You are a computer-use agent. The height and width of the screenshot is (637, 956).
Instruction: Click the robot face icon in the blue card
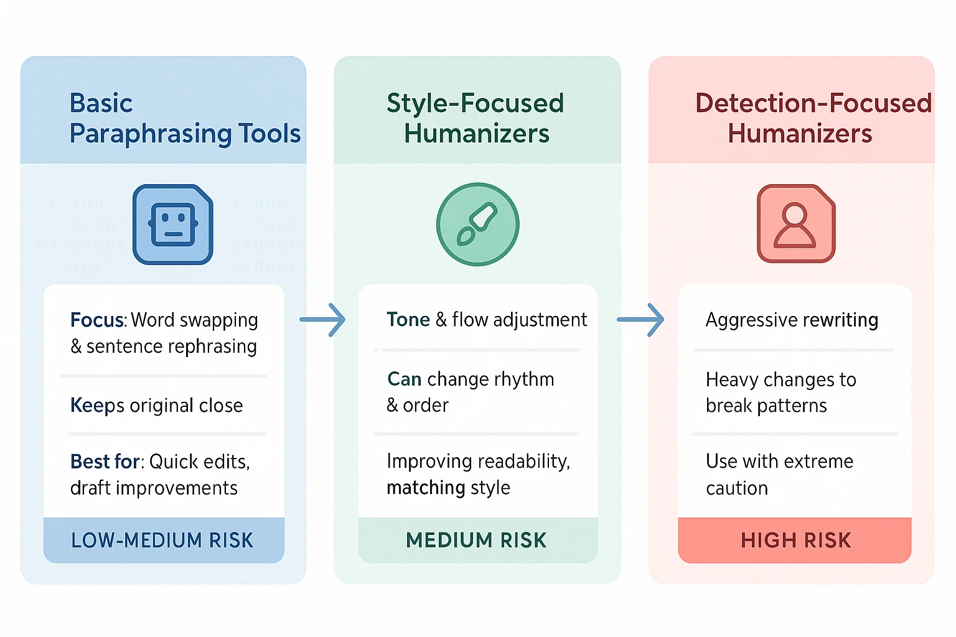tap(173, 225)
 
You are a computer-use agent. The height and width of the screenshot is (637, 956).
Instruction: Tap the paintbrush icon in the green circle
tap(477, 225)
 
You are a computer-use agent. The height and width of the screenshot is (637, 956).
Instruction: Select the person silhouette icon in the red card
tap(795, 225)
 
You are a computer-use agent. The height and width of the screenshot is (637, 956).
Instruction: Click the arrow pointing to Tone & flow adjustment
tap(323, 320)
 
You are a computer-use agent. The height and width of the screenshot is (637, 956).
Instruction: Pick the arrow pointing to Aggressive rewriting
tap(640, 320)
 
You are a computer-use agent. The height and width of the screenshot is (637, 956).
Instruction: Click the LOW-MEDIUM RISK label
tap(162, 540)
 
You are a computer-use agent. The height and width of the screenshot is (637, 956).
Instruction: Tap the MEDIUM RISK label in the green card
tap(477, 540)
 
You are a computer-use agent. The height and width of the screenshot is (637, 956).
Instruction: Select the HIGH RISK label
tap(795, 540)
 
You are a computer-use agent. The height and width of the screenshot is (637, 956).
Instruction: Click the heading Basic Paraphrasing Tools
tap(185, 118)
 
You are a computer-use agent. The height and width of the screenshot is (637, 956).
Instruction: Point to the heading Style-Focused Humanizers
tap(476, 118)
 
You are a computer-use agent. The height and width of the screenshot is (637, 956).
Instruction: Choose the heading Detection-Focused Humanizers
tap(813, 118)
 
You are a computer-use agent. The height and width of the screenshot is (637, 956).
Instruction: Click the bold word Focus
tap(98, 320)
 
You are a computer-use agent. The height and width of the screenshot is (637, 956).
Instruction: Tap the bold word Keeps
tap(98, 406)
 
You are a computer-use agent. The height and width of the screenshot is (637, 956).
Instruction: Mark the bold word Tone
tap(408, 320)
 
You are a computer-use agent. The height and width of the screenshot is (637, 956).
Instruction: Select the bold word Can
tap(405, 379)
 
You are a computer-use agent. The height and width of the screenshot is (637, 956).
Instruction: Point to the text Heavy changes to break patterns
tap(780, 393)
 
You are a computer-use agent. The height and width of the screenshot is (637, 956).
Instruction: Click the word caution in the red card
tap(737, 488)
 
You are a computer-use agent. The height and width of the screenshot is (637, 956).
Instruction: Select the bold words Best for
tap(105, 462)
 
